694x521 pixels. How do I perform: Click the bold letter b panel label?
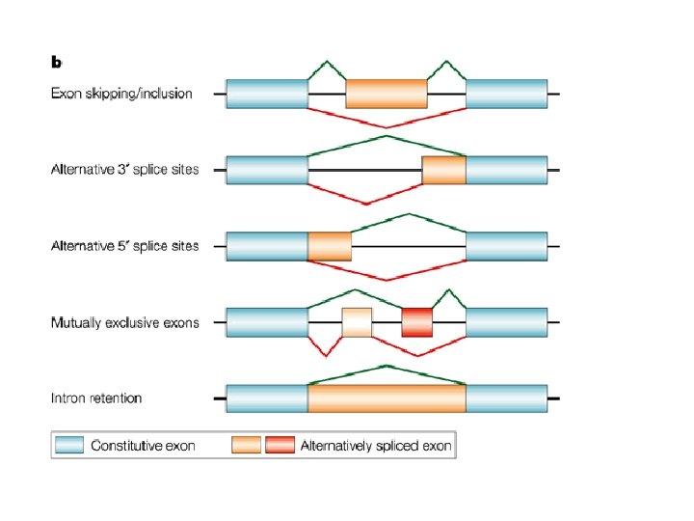coord(57,62)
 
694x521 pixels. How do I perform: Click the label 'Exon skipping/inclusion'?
coord(121,94)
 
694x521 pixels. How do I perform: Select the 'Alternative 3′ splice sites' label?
coord(125,170)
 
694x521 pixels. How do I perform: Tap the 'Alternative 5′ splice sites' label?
coord(125,246)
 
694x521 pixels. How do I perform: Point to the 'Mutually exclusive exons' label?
coord(125,322)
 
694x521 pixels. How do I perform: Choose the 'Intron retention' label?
coord(96,398)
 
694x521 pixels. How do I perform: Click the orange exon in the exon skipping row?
coord(387,94)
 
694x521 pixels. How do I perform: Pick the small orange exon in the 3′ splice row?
coord(443,170)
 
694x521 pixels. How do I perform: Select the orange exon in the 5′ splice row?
coord(330,246)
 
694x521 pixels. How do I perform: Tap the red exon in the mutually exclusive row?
coord(417,322)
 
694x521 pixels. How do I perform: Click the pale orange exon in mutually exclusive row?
coord(357,322)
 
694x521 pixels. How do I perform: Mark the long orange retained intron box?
coord(387,398)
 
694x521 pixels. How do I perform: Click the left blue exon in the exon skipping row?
coord(267,94)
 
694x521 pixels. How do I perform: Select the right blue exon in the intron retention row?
coord(506,398)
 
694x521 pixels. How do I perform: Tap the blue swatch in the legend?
coord(70,446)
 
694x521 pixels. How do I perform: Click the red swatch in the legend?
coord(280,446)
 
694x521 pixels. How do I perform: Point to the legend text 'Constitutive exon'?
coord(144,446)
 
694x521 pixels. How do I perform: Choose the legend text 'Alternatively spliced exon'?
coord(376,446)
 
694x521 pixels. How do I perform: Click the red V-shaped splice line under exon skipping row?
coord(387,126)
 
